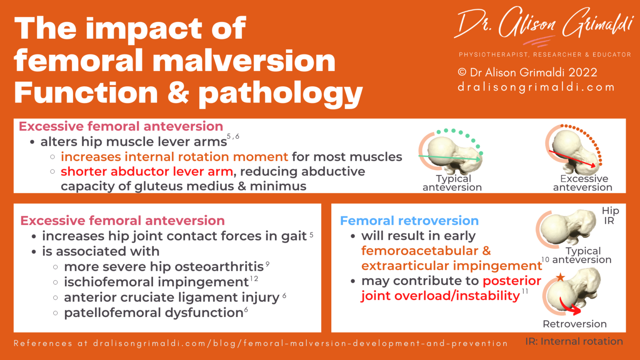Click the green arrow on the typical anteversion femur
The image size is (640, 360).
[x=450, y=157]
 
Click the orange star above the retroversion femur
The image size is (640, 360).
[x=560, y=277]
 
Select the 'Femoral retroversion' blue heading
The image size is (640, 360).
[x=409, y=220]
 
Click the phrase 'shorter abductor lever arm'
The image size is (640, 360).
[x=147, y=172]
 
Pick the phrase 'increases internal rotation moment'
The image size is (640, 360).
[x=174, y=157]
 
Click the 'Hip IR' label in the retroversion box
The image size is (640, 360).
[x=610, y=215]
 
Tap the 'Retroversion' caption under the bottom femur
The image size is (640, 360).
[x=575, y=324]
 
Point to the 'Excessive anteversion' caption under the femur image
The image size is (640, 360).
[x=583, y=183]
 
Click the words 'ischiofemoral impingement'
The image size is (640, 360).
[x=156, y=282]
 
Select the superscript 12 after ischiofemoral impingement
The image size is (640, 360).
[x=254, y=279]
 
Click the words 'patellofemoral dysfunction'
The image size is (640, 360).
[x=153, y=312]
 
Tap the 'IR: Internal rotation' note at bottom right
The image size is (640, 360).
[x=574, y=341]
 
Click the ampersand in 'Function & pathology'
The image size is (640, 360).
[x=178, y=92]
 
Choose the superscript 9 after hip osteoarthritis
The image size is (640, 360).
[x=267, y=264]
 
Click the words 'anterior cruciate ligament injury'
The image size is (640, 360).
[x=171, y=297]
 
